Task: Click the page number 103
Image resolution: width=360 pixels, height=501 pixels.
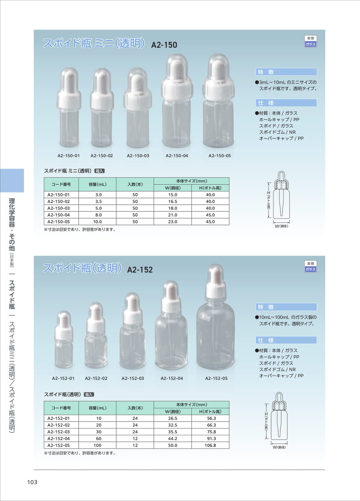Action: (x=32, y=482)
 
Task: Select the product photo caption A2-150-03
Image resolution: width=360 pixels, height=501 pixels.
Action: (x=138, y=156)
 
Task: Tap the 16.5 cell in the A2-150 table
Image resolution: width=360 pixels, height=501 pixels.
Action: (x=173, y=201)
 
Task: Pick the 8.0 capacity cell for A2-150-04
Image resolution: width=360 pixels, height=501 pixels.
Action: (x=98, y=215)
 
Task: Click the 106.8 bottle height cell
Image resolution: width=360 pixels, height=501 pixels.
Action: (x=210, y=445)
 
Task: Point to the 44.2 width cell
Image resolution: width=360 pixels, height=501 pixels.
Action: (x=173, y=438)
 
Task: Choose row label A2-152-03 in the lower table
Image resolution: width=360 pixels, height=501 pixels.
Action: (x=59, y=432)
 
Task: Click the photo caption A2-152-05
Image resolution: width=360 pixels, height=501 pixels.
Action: (x=216, y=378)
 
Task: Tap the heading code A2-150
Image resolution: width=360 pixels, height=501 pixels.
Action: (x=164, y=45)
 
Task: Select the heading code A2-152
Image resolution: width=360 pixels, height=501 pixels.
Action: (x=140, y=270)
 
